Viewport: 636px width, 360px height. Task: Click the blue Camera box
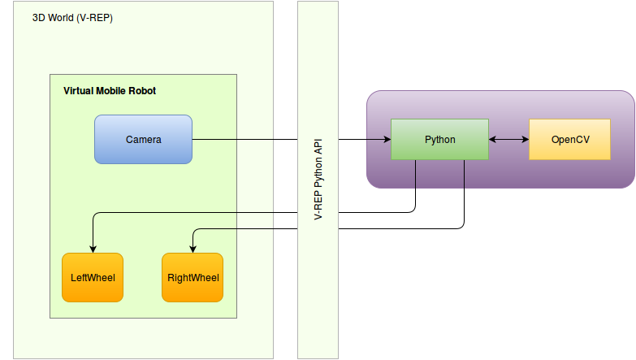143,139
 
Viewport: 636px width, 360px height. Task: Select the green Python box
439,139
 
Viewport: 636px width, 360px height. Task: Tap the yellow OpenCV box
569,139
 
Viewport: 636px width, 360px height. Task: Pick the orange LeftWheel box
93,277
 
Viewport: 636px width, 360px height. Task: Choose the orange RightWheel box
193,277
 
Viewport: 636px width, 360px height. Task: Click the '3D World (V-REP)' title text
72,17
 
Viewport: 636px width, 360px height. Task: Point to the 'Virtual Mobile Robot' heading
110,90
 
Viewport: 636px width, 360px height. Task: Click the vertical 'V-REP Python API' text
318,180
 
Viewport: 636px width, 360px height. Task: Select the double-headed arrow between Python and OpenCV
508,140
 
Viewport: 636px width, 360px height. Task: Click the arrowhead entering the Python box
387,140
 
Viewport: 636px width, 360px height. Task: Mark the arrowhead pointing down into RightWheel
193,249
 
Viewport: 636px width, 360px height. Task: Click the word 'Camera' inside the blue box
143,139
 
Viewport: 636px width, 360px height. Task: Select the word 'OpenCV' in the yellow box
569,139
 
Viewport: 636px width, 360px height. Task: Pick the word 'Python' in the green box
439,139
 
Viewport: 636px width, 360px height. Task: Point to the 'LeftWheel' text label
93,278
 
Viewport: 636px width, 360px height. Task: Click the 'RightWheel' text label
193,278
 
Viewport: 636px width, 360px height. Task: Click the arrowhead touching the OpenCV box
525,140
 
